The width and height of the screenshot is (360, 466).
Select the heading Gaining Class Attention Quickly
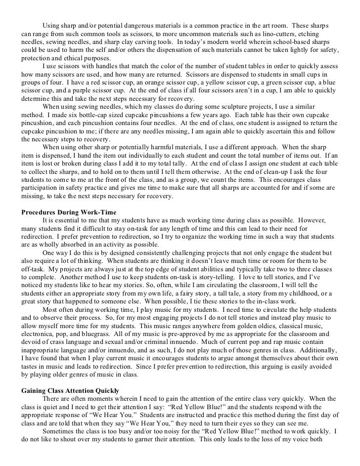pos(70,390)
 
